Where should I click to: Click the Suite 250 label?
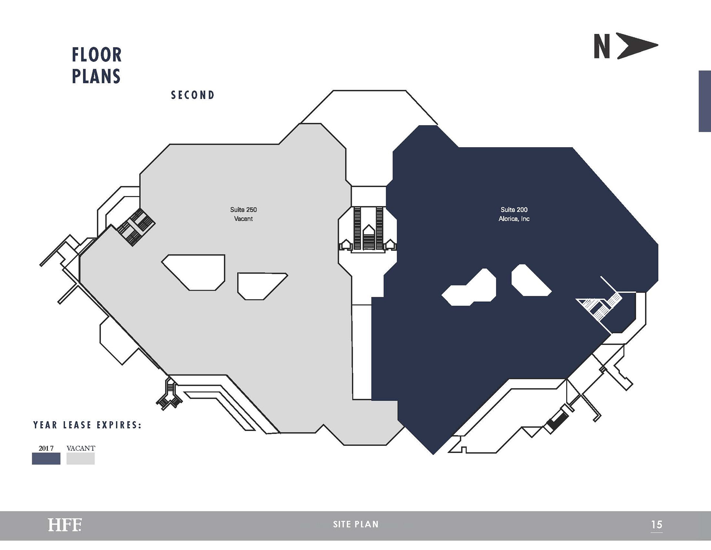click(x=243, y=210)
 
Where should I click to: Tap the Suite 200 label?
click(x=514, y=210)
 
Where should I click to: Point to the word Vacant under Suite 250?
click(x=243, y=219)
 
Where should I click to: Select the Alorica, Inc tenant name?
click(x=514, y=219)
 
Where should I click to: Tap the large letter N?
click(x=602, y=47)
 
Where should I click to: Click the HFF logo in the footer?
click(x=64, y=525)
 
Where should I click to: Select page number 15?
click(x=657, y=525)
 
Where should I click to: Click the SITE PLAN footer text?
click(x=355, y=524)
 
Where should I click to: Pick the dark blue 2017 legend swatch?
click(x=46, y=459)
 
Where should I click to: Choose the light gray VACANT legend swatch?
click(x=80, y=459)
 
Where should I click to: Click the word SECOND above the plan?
click(x=193, y=95)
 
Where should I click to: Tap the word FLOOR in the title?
click(x=97, y=55)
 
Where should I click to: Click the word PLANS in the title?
click(x=96, y=76)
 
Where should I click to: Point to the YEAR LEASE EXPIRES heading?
click(x=87, y=425)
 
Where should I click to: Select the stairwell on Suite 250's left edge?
click(x=136, y=227)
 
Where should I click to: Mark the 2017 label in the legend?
click(x=46, y=448)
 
